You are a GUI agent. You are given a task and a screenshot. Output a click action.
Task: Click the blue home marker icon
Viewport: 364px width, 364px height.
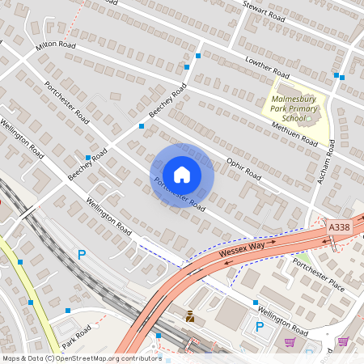tap(182, 174)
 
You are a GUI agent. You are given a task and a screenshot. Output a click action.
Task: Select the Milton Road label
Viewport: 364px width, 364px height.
tap(56, 46)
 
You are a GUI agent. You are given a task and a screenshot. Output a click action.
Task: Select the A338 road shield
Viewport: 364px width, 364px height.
tap(341, 231)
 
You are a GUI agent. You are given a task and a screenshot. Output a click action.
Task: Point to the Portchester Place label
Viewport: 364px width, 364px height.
tap(319, 275)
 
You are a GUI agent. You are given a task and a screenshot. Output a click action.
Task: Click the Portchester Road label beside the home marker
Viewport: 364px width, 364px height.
tap(178, 192)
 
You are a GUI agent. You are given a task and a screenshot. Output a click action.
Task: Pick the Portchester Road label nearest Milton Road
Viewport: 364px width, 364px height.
tap(66, 101)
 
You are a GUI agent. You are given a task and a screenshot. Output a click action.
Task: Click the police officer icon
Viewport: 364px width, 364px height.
tap(190, 316)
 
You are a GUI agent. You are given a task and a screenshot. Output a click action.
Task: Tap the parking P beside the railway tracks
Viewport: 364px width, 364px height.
tap(81, 255)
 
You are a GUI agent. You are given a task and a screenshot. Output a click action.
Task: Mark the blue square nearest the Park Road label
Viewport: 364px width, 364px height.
tap(68, 310)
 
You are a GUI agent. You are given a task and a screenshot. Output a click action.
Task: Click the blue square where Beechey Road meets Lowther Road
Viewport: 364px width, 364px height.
tap(198, 56)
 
